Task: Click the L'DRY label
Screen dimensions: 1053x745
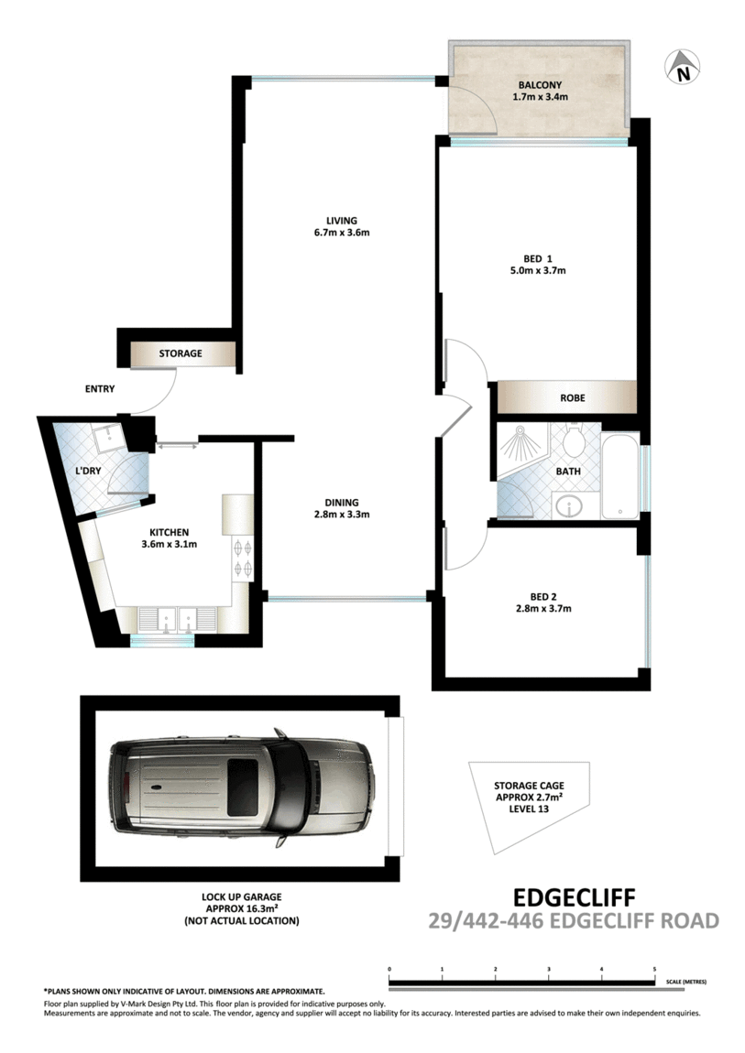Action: (x=88, y=471)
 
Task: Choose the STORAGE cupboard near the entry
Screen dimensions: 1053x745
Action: (x=181, y=353)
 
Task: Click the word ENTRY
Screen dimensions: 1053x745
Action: (x=100, y=389)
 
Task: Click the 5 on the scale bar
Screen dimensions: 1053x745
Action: (x=654, y=968)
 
